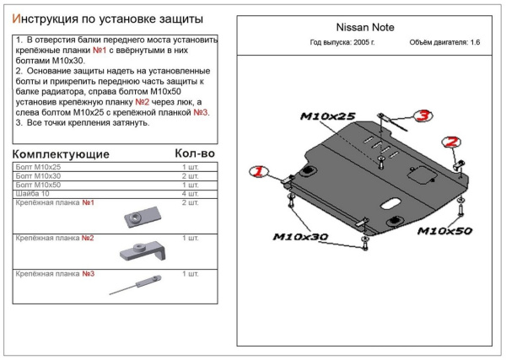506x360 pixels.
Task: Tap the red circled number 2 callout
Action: pos(452,142)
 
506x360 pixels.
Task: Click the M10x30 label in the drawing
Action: pos(299,237)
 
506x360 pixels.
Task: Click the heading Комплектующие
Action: pos(62,154)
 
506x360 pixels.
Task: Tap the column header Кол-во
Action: pos(194,153)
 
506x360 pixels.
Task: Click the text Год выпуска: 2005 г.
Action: pos(342,43)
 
